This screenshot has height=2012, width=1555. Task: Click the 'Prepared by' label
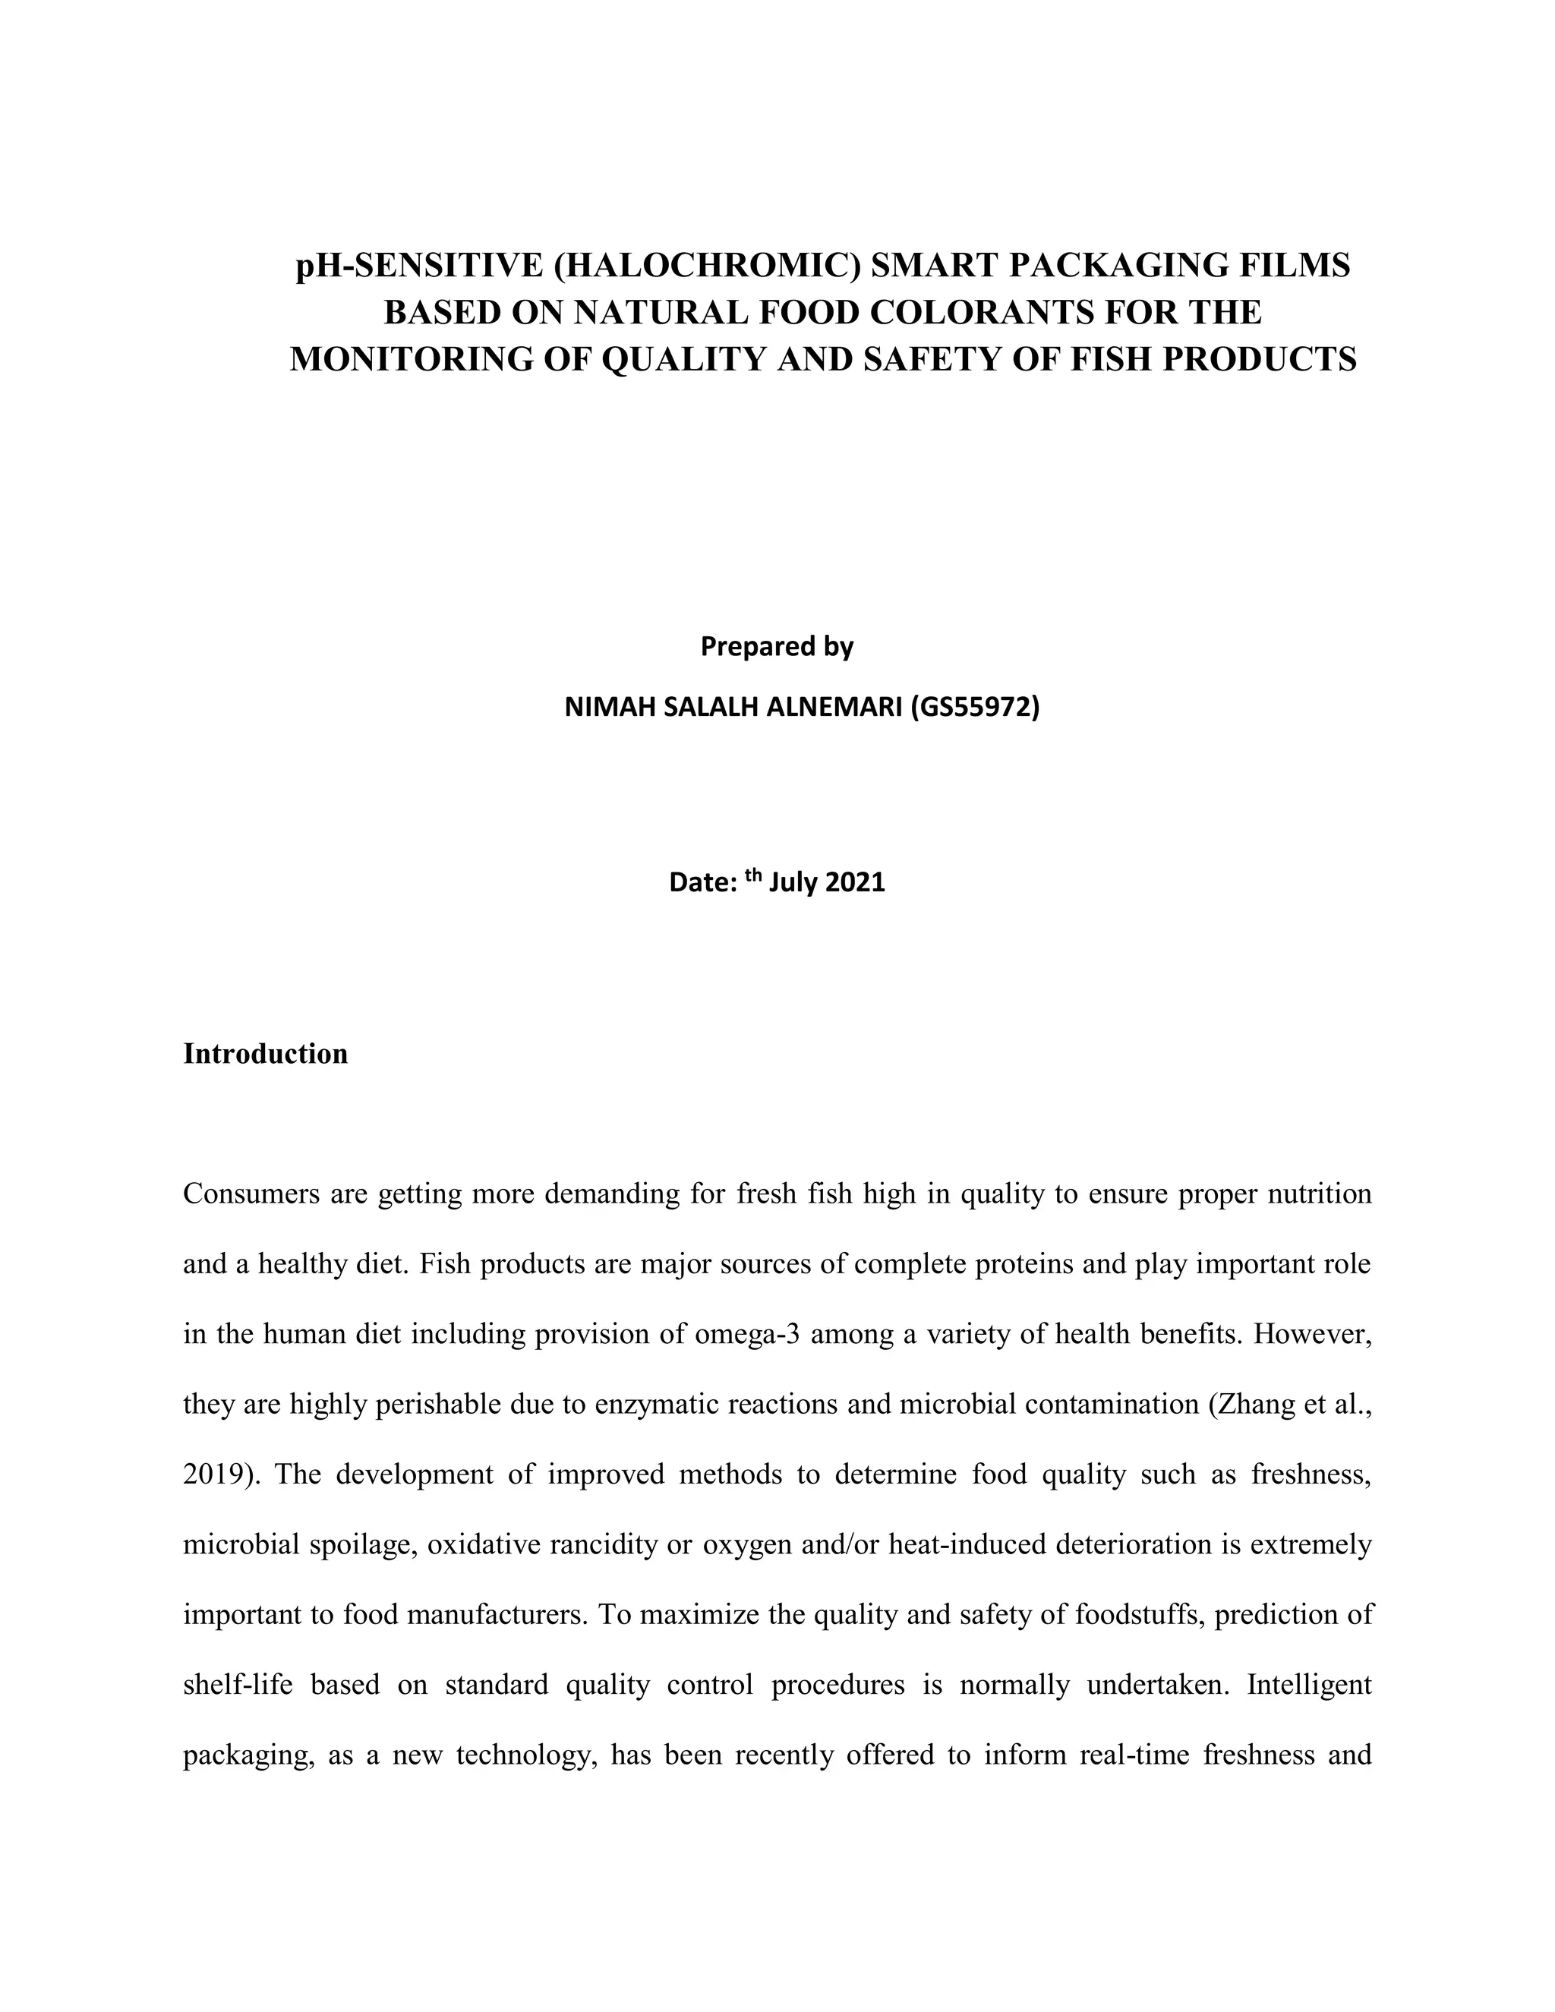[x=777, y=647]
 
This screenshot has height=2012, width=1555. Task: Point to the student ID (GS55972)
[x=976, y=708]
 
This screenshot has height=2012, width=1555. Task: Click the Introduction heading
[x=265, y=1054]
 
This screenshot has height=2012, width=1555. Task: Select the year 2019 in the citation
[x=215, y=1475]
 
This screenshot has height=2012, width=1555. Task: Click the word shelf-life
[x=238, y=1685]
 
